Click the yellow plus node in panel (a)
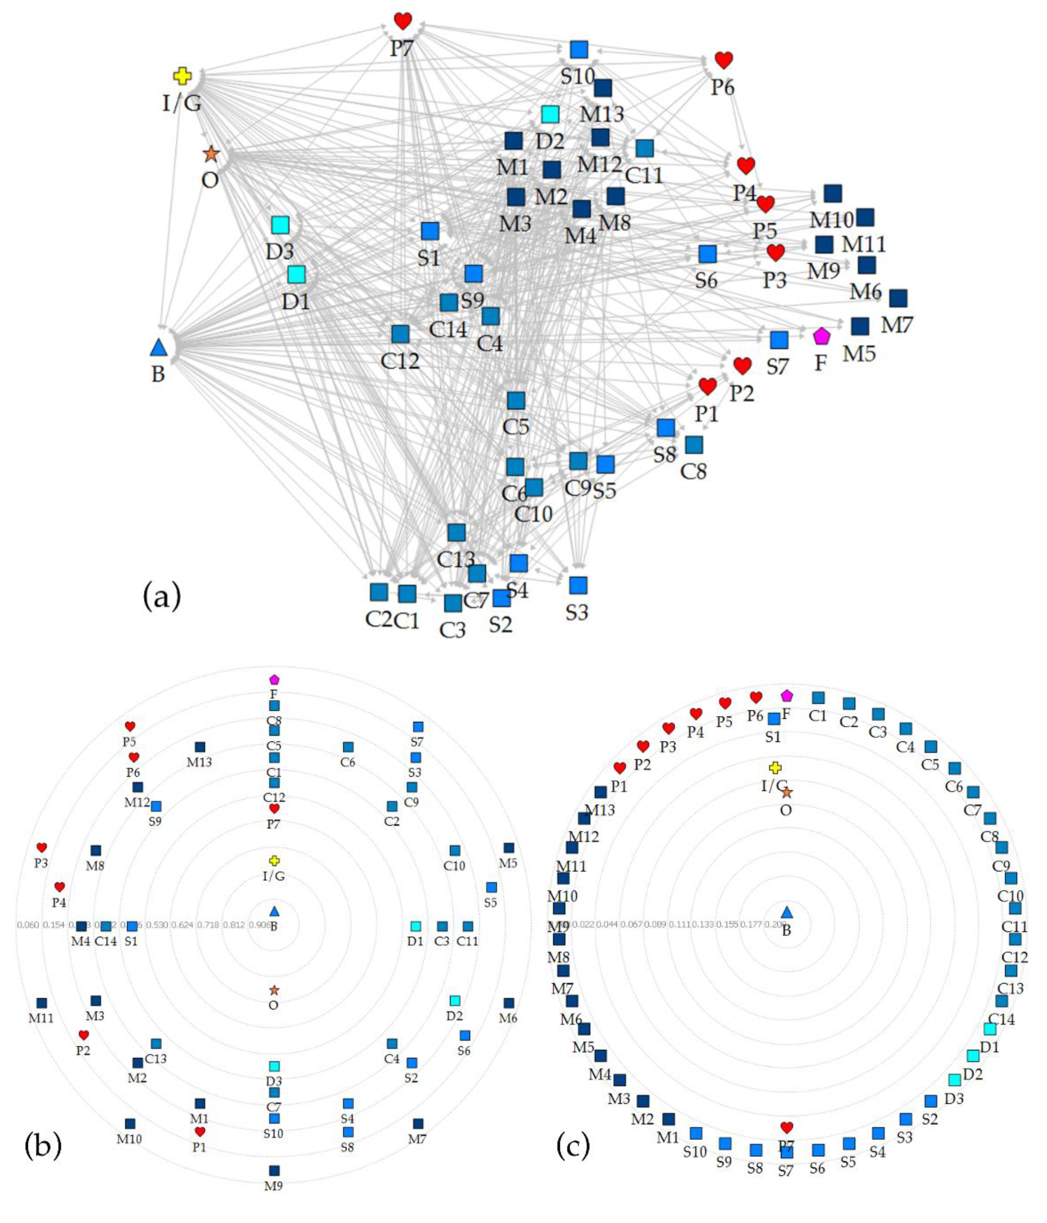click(x=182, y=76)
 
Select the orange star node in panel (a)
click(x=211, y=155)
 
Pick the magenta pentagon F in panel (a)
click(x=821, y=336)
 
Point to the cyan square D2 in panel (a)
click(x=550, y=114)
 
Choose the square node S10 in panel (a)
click(x=579, y=50)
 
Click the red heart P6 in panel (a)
click(x=724, y=60)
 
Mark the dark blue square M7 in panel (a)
click(x=898, y=298)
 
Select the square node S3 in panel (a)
click(x=578, y=585)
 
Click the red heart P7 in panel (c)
click(x=786, y=1127)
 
